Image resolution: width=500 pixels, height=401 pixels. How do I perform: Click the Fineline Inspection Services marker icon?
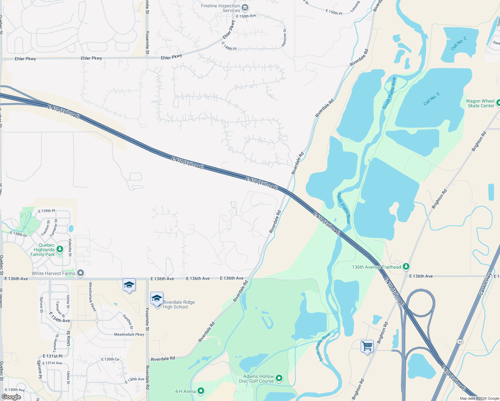click(x=245, y=7)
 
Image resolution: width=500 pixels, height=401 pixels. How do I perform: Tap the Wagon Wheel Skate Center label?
click(x=480, y=103)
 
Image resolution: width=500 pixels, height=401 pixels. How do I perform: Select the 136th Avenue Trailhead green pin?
click(x=406, y=267)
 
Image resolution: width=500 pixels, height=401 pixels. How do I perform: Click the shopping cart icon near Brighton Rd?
click(x=367, y=346)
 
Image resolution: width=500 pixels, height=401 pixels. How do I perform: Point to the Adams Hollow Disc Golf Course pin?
click(x=279, y=378)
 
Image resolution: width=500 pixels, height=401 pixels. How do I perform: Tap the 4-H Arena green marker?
click(x=201, y=391)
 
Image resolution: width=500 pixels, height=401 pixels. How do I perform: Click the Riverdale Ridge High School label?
click(x=178, y=304)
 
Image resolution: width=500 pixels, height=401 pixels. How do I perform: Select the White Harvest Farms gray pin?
click(x=81, y=273)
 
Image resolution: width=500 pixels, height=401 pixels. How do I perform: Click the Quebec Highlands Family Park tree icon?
click(x=60, y=249)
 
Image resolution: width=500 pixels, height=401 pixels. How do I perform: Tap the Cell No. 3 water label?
click(x=431, y=99)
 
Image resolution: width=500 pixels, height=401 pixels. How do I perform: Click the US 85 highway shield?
click(x=460, y=342)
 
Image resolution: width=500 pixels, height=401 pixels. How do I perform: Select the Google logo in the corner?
click(x=11, y=397)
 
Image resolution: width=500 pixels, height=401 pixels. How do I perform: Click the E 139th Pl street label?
click(x=46, y=211)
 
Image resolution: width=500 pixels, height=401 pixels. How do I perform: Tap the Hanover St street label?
click(x=284, y=37)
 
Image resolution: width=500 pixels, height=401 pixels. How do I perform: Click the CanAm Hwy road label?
click(x=486, y=284)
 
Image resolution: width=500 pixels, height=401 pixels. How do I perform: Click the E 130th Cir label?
click(x=110, y=359)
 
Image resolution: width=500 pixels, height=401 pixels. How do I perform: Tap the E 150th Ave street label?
click(x=246, y=16)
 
